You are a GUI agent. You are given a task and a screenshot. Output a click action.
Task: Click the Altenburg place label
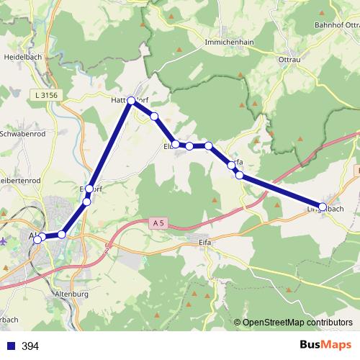coord(71,294)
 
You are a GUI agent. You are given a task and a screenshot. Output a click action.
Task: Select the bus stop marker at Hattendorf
coord(132,101)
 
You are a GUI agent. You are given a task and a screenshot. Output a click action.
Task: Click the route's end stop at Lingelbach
coord(323,207)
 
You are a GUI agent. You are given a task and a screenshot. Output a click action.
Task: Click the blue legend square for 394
coord(9,346)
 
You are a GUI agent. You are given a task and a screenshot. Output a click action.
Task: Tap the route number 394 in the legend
coord(30,346)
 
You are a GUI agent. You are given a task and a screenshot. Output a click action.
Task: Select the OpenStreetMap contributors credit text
coord(297,323)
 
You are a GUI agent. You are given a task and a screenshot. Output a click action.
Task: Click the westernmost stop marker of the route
coord(37,238)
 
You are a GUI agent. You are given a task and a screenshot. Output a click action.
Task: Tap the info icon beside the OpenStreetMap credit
coord(237,323)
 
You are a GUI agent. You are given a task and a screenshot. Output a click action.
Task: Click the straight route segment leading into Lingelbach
coord(281,192)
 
